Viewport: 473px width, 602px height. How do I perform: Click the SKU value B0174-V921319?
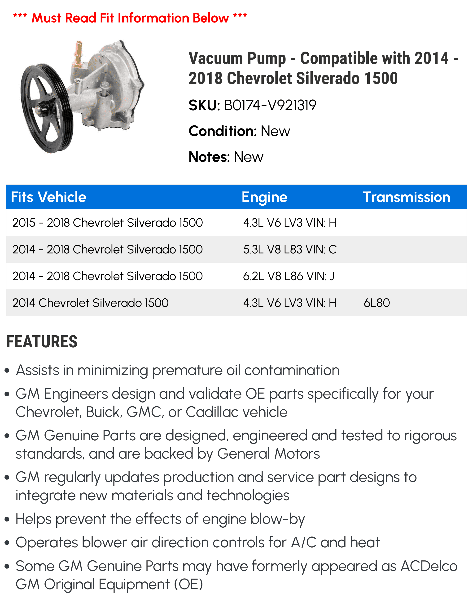click(x=270, y=105)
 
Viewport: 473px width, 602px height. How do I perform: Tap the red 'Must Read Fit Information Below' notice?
click(x=130, y=18)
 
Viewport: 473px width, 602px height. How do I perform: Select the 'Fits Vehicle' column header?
click(x=48, y=197)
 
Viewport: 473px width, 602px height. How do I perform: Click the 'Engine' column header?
click(x=264, y=197)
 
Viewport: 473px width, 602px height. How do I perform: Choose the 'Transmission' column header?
click(x=406, y=197)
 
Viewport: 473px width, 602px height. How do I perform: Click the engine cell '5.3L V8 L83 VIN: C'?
click(x=290, y=249)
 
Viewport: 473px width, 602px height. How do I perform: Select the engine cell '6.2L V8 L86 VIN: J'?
click(x=289, y=276)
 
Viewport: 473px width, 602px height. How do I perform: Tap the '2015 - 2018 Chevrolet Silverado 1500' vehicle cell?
click(x=107, y=223)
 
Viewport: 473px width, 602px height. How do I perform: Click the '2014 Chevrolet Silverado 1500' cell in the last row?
click(x=90, y=303)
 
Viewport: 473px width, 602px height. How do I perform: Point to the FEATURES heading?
click(x=42, y=342)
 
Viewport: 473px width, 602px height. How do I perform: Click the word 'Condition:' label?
click(x=222, y=131)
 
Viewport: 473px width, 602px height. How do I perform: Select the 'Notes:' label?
click(x=209, y=157)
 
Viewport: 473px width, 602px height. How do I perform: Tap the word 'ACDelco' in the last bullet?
click(x=429, y=566)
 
